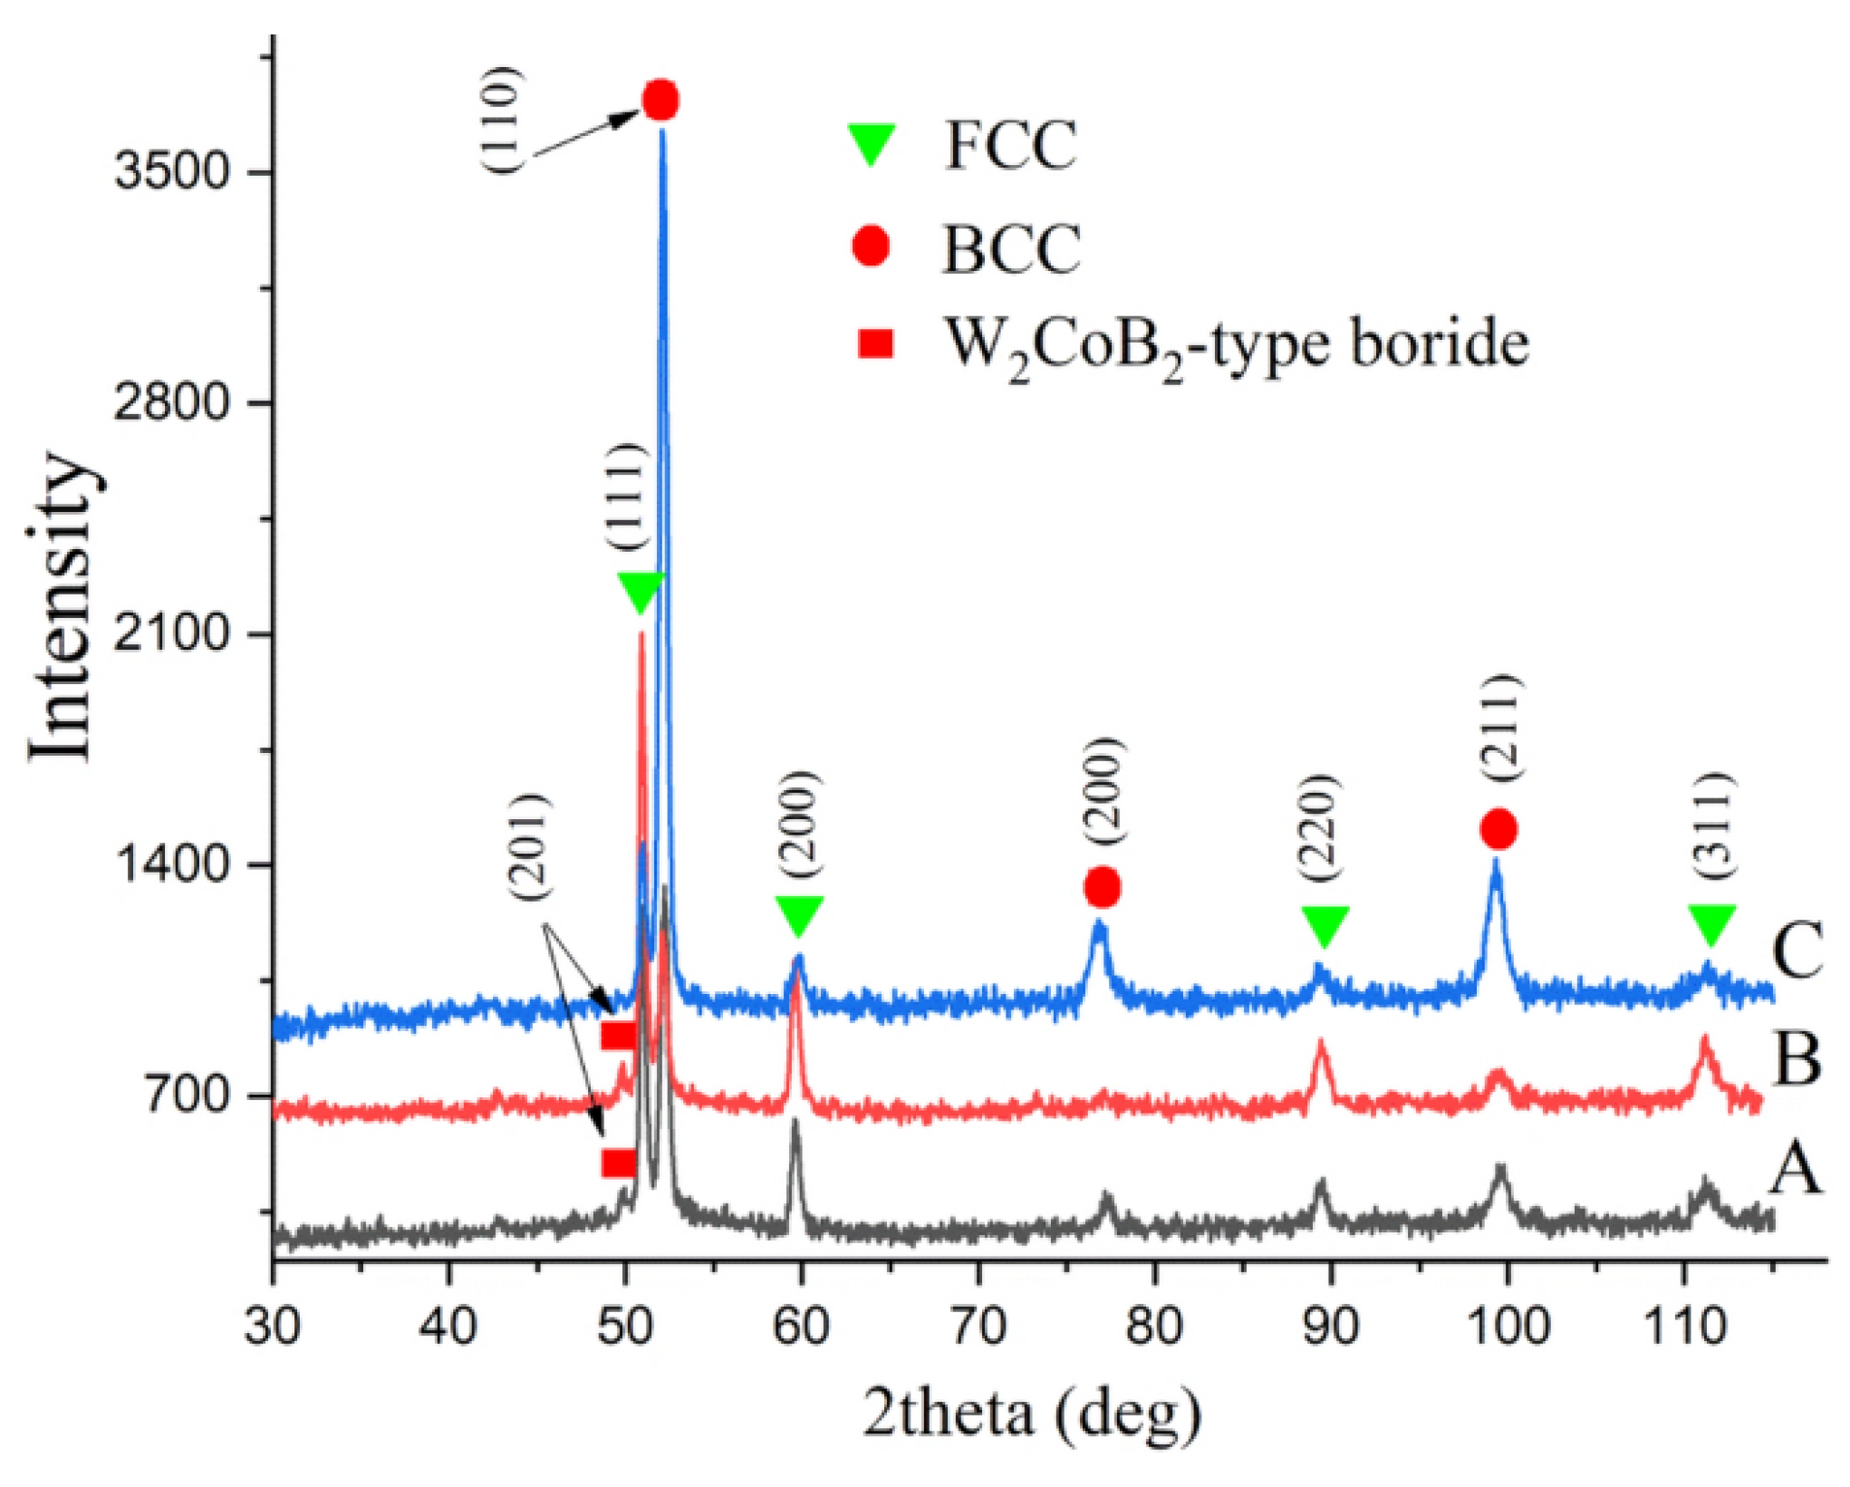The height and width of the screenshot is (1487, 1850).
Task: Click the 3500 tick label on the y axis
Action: pyautogui.click(x=169, y=172)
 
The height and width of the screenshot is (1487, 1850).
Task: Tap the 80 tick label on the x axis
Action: pyautogui.click(x=1154, y=1328)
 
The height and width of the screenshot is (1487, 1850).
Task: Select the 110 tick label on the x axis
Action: pyautogui.click(x=1684, y=1328)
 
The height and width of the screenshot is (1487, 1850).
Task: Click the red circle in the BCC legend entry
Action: pyautogui.click(x=872, y=246)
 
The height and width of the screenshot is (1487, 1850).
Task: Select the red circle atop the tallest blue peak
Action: pyautogui.click(x=660, y=100)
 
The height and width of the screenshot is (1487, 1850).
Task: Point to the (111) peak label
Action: pyautogui.click(x=627, y=496)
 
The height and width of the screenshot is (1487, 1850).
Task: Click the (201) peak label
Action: pyautogui.click(x=530, y=846)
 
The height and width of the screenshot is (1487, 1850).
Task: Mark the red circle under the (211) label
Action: pyautogui.click(x=1498, y=828)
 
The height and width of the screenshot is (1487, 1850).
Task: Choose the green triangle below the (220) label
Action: pyautogui.click(x=1325, y=926)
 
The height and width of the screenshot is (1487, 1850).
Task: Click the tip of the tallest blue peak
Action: pyautogui.click(x=662, y=132)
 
